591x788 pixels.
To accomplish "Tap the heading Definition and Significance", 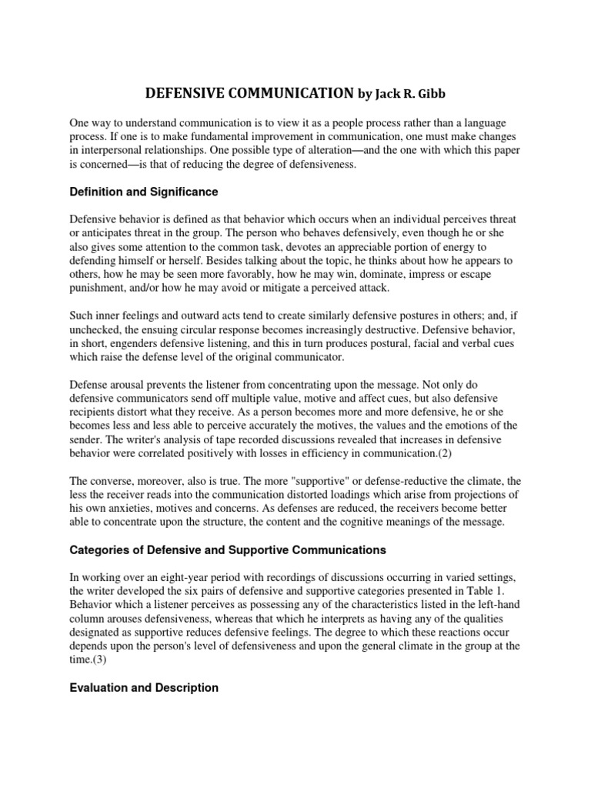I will click(144, 191).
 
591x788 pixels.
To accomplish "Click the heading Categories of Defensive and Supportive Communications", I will click(228, 550).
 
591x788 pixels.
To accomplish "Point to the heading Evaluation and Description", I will click(144, 687).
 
